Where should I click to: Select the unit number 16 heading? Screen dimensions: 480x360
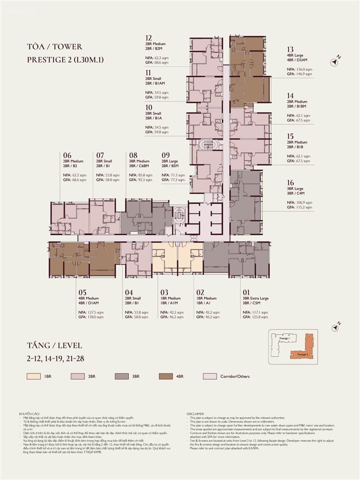coord(290,183)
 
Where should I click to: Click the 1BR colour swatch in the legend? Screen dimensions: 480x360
coord(33,376)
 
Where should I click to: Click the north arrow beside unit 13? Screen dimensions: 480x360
coord(335,61)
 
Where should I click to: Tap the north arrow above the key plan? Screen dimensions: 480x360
coord(335,327)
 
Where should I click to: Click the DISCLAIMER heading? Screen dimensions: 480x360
coord(195,414)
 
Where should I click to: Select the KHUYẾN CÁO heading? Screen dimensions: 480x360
coord(29,414)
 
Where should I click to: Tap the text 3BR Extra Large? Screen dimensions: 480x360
coord(255,298)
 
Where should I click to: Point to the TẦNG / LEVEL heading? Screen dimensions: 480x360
coord(54,345)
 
